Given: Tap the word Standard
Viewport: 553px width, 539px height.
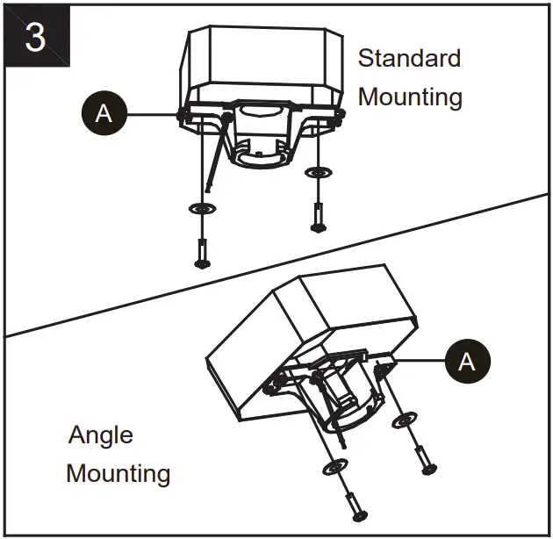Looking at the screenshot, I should (409, 59).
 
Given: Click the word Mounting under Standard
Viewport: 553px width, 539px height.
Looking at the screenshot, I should (410, 97).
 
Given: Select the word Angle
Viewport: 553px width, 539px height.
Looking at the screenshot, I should (101, 435).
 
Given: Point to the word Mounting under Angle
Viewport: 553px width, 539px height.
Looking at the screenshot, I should (118, 474).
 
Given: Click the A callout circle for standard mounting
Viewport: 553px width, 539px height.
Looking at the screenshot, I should (104, 113).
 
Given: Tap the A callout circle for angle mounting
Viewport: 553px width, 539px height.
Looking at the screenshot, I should (467, 361).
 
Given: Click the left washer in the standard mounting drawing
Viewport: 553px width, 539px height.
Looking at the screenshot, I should (203, 209).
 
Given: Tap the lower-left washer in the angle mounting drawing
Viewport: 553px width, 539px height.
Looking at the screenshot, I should (335, 464).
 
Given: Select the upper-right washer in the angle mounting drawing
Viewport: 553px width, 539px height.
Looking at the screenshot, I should (405, 422).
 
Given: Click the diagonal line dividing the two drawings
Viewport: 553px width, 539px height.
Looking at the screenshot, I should (276, 264).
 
